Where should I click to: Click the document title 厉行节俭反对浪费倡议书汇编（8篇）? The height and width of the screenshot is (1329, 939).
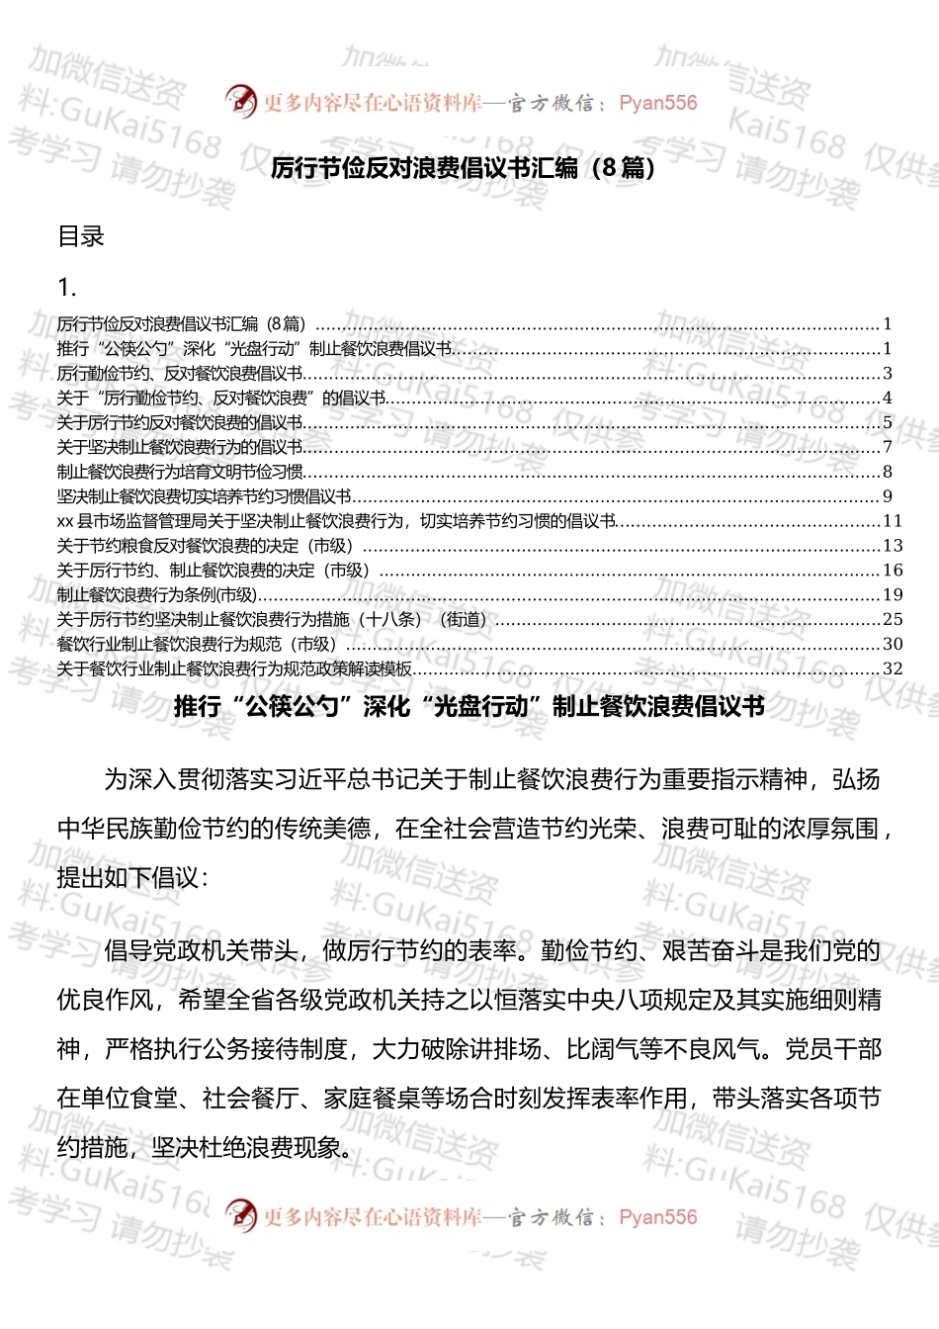point(463,167)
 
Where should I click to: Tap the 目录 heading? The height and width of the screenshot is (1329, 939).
point(81,236)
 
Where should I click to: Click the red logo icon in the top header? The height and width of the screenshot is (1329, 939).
point(240,101)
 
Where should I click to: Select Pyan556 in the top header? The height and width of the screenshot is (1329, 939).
point(657,103)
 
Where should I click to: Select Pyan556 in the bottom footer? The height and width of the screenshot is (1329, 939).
point(657,1217)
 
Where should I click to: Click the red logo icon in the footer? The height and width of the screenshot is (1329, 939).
point(240,1214)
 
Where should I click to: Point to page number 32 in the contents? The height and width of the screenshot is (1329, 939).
point(893,668)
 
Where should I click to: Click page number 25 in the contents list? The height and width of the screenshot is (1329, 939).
point(893,619)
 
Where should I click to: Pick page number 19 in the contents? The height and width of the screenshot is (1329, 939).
point(893,594)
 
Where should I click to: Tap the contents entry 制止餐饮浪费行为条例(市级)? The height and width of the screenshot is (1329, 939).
point(157,594)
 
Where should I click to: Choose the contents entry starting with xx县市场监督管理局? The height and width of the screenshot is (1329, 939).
point(336,521)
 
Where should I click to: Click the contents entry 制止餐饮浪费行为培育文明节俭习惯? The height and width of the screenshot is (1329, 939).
point(180,472)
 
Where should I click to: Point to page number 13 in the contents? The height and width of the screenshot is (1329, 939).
point(893,546)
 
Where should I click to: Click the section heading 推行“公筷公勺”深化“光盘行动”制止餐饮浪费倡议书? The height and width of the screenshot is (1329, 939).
point(469,706)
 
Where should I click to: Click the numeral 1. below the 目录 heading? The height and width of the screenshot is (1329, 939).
point(67,288)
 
